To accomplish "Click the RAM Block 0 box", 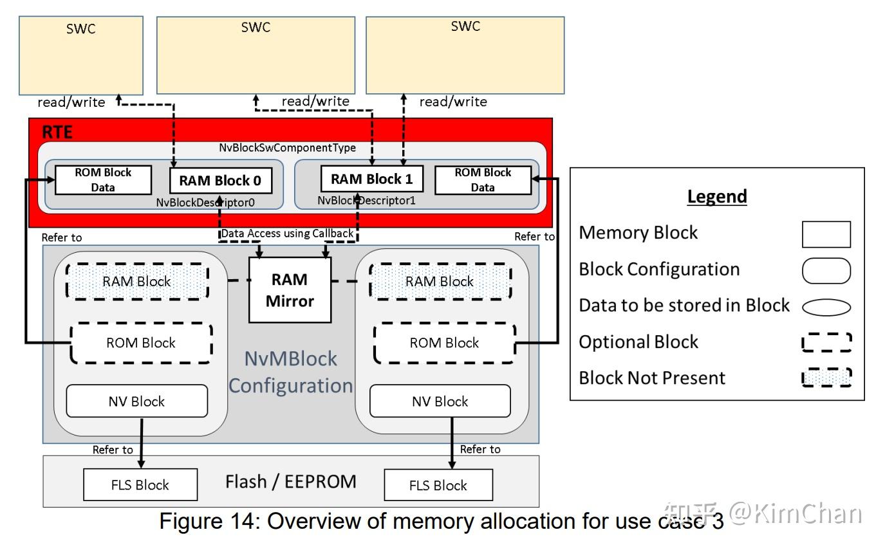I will coord(220,180).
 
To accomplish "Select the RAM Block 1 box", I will coord(372,179).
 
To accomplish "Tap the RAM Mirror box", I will coord(290,289).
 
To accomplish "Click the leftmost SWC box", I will coord(81,55).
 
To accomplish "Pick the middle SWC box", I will coord(256,55).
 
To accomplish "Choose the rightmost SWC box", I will coord(465,55).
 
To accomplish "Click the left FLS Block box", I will coord(140,485).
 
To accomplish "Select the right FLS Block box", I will coord(438,485).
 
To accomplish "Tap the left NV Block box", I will coord(136,401).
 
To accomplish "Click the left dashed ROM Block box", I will coord(141,343).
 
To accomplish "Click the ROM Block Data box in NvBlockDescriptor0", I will coord(103,179).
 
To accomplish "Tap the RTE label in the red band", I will coord(58,133).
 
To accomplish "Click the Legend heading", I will coord(716,196).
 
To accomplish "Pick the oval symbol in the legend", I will coord(826,307).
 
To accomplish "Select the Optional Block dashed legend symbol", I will coord(826,342).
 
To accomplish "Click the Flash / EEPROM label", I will coord(290,481).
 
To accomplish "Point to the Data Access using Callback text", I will coord(287,234).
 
